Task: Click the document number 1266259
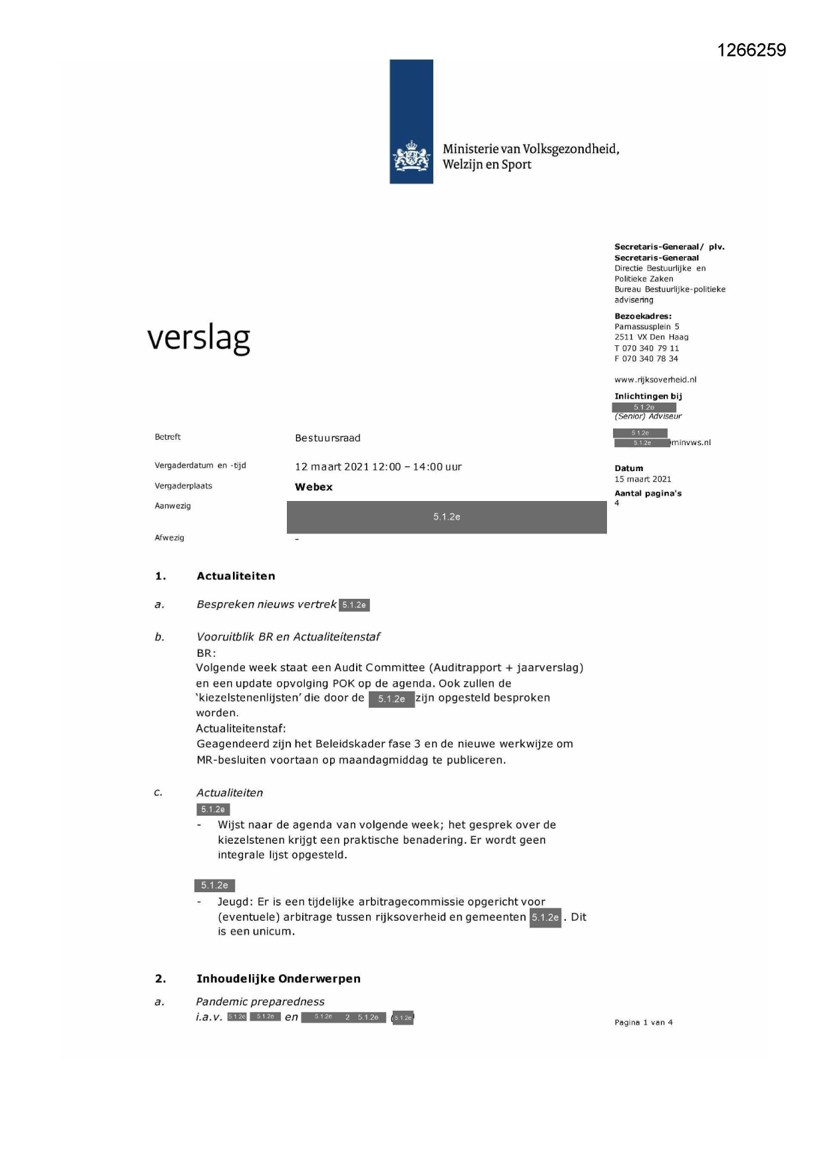pos(751,51)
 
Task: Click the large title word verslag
pos(198,338)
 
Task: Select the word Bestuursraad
pos(327,438)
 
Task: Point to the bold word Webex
pos(313,487)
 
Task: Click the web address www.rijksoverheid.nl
pos(655,380)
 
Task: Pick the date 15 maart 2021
pos(642,479)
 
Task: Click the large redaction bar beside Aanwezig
pos(447,517)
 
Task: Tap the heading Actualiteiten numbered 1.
pos(236,576)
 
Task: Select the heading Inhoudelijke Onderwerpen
pos(278,979)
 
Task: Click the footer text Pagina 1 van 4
pos(643,1023)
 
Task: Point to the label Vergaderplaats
pos(183,486)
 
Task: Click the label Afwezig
pos(169,538)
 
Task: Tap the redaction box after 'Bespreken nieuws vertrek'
pos(354,605)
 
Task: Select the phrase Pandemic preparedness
pos(260,1001)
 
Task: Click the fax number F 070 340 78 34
pos(646,359)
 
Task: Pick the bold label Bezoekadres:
pos(642,316)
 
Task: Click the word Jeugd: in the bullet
pos(234,902)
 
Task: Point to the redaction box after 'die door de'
pos(391,699)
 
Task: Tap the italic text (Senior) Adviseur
pos(648,417)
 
